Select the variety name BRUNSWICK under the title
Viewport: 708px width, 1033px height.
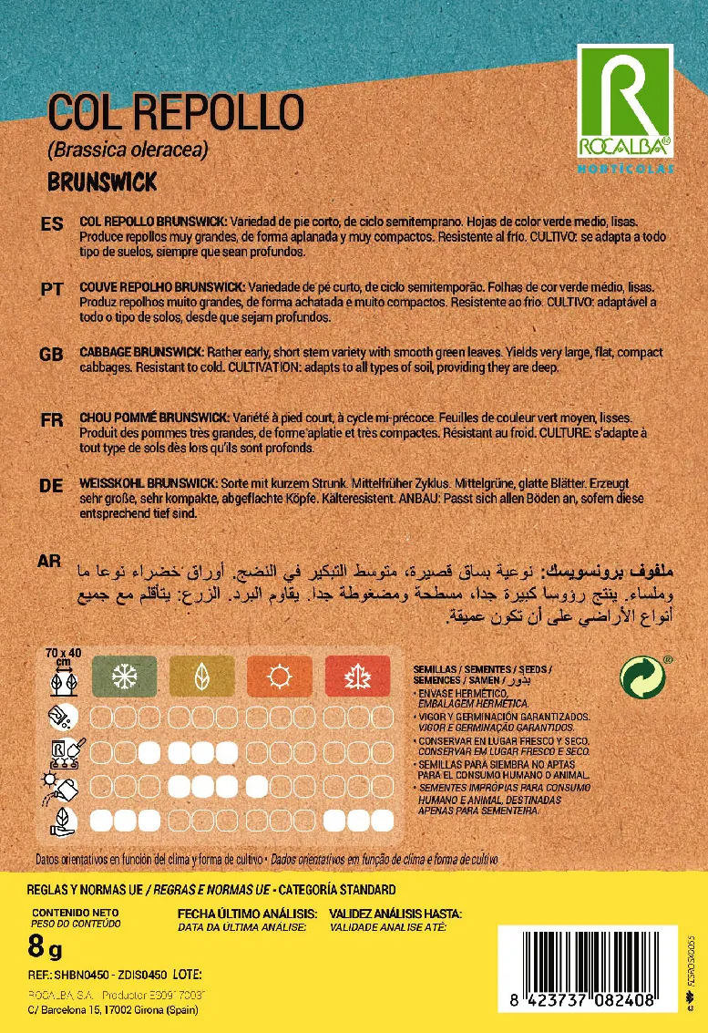click(x=101, y=181)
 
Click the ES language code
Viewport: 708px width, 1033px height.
click(x=53, y=223)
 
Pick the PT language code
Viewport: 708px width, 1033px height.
click(x=53, y=289)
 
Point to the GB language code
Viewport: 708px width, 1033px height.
click(x=53, y=355)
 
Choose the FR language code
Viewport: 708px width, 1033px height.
click(x=53, y=420)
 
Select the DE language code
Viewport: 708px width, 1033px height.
click(x=53, y=486)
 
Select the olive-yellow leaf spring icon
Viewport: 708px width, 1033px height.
click(x=200, y=676)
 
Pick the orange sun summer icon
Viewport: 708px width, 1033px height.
click(x=279, y=676)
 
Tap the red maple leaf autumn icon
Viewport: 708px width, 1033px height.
click(x=357, y=676)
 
